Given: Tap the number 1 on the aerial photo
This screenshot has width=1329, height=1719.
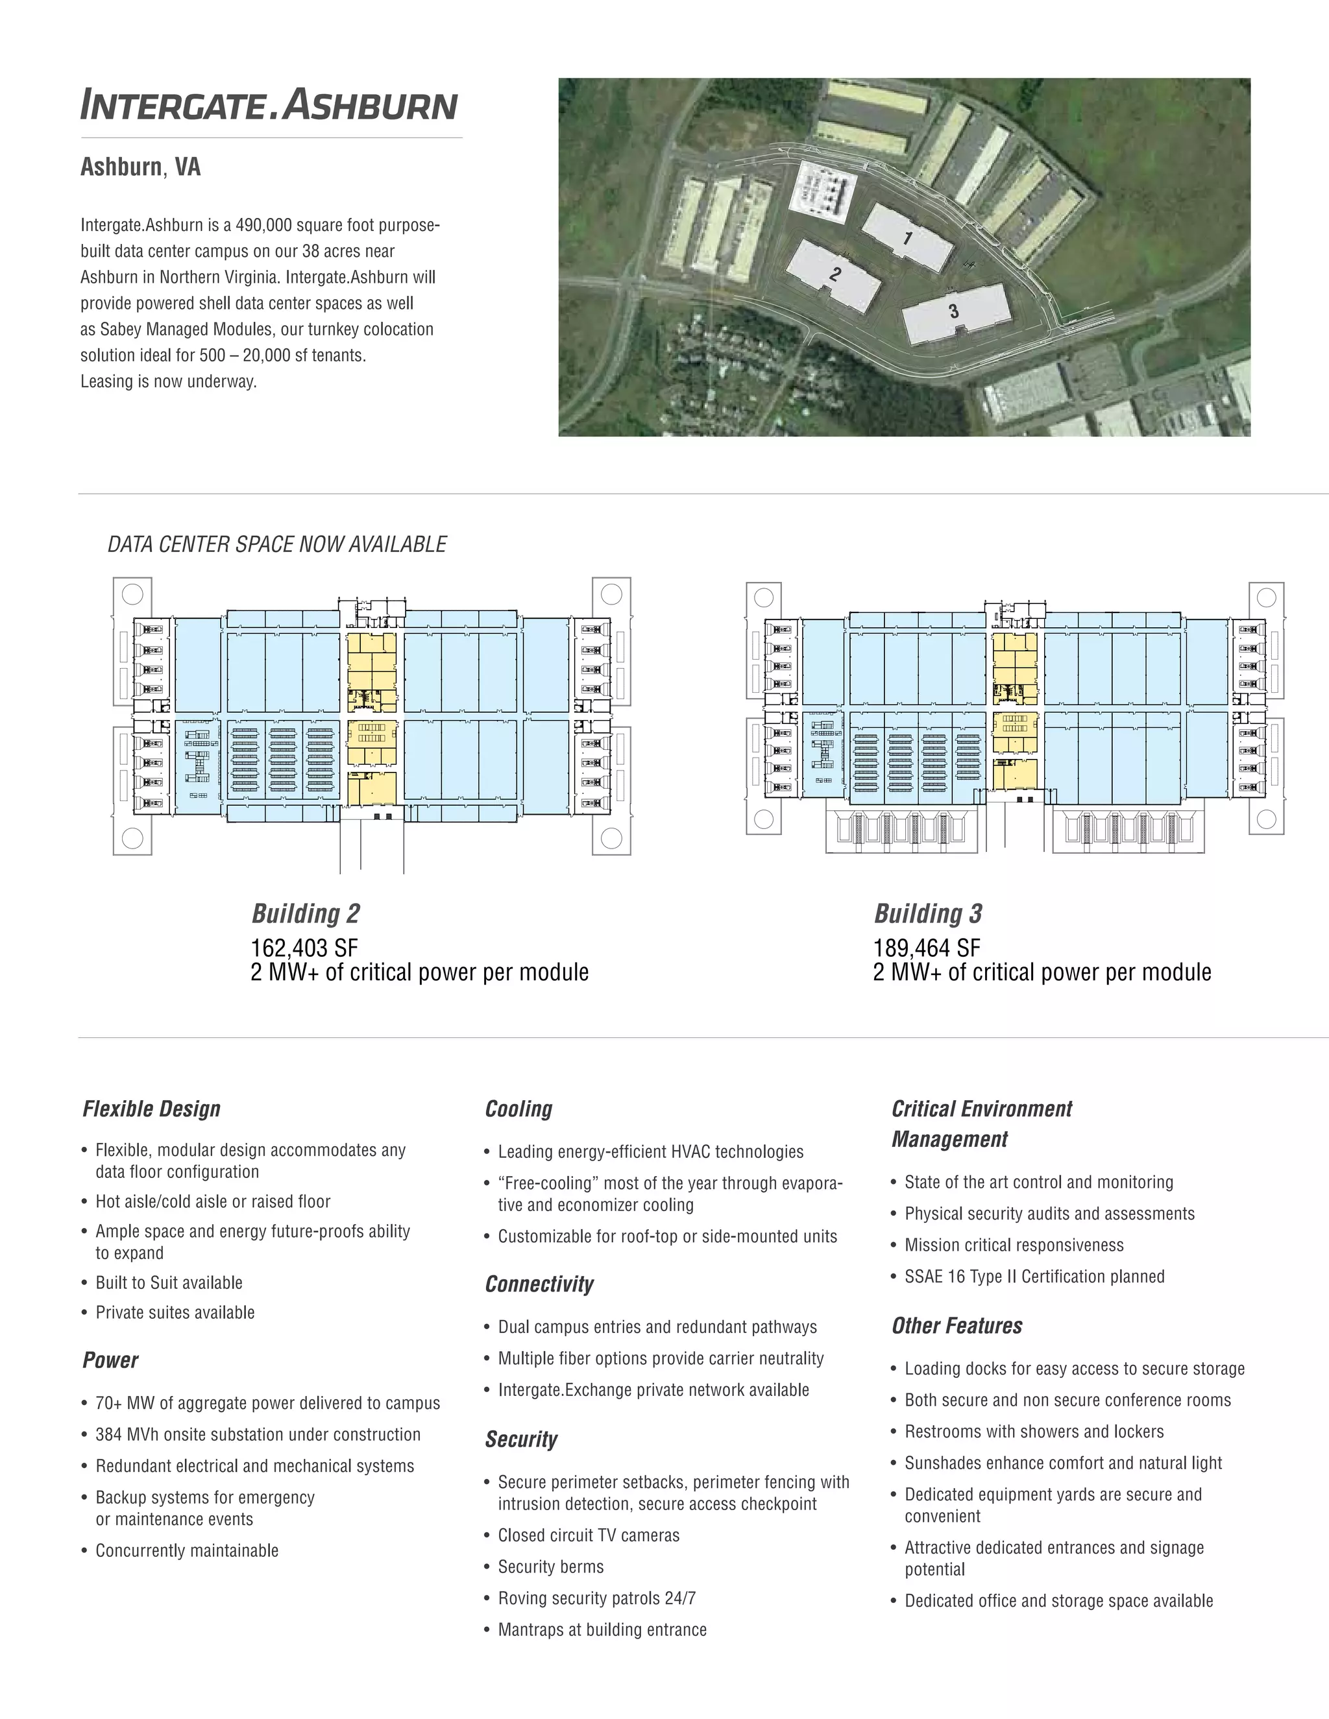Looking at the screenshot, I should pos(908,237).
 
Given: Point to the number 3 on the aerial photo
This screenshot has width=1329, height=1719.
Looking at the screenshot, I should pos(953,311).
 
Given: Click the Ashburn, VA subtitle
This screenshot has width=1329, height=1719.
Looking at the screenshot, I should pos(140,167).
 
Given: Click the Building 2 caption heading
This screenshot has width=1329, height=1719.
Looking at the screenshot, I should pos(306,914).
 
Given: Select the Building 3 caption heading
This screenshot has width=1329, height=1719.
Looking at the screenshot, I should pos(928,914).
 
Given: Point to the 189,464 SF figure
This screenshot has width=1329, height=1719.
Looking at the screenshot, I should pos(927,948).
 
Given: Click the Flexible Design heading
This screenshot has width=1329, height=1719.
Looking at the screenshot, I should pos(151,1109).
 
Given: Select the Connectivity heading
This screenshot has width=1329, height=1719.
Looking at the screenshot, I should pos(539,1284).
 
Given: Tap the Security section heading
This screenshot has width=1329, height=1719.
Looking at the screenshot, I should pos(520,1439).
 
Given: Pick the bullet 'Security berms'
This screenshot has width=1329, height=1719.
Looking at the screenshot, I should pos(550,1567).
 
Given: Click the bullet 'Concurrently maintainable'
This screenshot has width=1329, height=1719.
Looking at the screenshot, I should pos(187,1550).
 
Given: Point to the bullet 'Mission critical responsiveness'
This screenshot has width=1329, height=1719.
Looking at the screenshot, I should pos(1014,1245).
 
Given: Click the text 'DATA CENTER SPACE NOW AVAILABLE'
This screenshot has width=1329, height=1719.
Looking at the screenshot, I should pos(277,545).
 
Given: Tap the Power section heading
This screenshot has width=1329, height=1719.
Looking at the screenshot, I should pos(110,1360).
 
